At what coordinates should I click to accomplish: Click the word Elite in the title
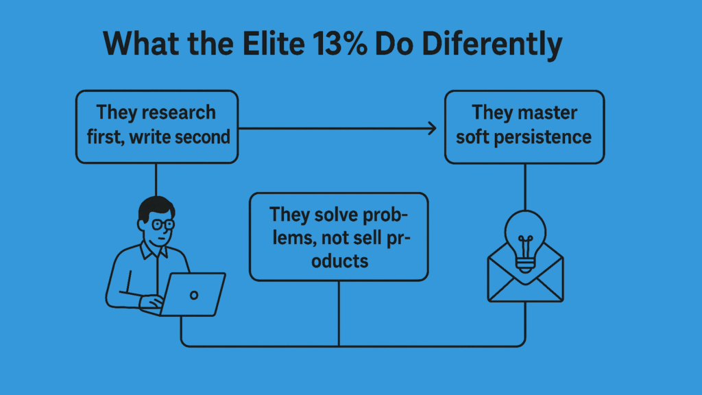point(274,44)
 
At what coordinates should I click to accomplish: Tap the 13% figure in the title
point(340,44)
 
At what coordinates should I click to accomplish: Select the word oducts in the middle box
point(340,261)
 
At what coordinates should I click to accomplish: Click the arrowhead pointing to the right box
point(432,128)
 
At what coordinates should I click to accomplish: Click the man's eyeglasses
point(162,224)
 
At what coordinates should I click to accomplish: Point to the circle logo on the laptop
point(194,295)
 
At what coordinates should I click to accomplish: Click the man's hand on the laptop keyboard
point(152,302)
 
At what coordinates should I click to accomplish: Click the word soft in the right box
point(473,137)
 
